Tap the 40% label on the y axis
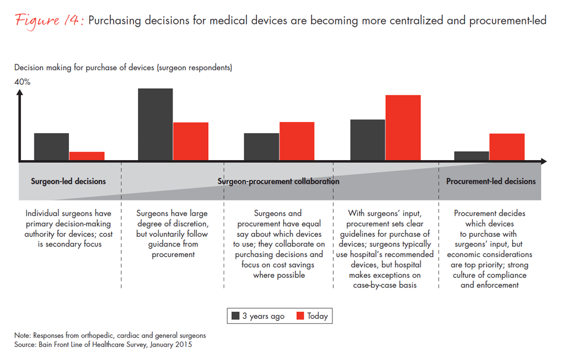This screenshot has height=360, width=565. [x=23, y=82]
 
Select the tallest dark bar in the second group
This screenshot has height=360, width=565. [x=155, y=124]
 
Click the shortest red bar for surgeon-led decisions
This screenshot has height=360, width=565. [x=87, y=156]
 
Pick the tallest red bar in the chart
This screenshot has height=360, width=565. [x=403, y=127]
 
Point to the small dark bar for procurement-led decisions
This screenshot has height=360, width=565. [x=472, y=155]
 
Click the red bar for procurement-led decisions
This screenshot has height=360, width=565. [x=507, y=147]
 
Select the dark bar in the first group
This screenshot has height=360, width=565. [x=52, y=146]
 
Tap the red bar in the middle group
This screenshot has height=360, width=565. [x=297, y=141]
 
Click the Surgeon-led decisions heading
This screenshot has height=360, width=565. [x=68, y=181]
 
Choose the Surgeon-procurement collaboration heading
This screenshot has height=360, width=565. [x=278, y=181]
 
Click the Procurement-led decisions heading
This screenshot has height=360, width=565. [x=491, y=181]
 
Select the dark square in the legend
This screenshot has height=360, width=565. [x=235, y=316]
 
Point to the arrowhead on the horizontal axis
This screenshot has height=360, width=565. [x=543, y=161]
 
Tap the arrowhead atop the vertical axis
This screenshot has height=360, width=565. [x=20, y=93]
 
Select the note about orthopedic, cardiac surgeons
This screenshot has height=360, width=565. [x=110, y=336]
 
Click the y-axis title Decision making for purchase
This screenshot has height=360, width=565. [x=123, y=68]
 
